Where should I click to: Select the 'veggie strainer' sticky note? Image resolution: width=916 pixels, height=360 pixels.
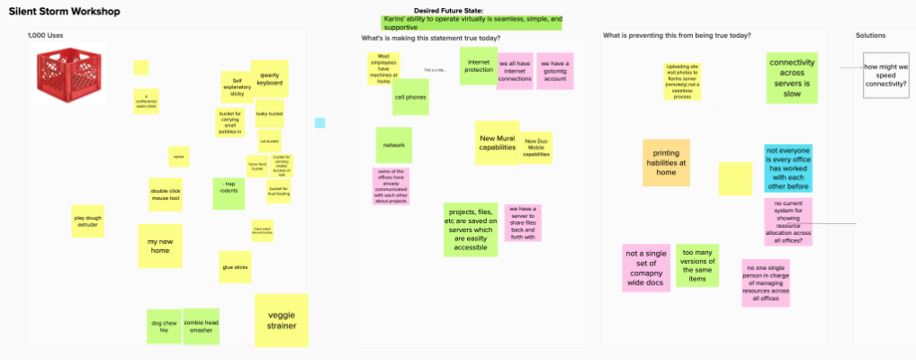click(x=281, y=319)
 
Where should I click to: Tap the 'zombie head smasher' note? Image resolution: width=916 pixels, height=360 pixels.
click(x=201, y=326)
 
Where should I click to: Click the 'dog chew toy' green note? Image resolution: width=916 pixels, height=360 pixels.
click(x=164, y=326)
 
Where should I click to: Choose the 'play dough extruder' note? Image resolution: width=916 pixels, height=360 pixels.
click(x=87, y=220)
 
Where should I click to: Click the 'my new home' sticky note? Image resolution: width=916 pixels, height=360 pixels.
click(x=159, y=246)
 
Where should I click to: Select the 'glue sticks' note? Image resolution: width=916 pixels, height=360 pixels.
click(x=235, y=266)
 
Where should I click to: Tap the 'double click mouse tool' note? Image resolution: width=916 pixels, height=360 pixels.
click(x=165, y=194)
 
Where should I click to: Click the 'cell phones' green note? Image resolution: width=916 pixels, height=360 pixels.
click(x=410, y=97)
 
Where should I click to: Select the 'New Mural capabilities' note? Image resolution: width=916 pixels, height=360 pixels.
click(x=497, y=142)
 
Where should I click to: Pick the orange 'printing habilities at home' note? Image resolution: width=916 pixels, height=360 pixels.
click(x=666, y=163)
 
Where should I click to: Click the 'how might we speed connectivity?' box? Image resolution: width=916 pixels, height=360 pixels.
click(x=885, y=81)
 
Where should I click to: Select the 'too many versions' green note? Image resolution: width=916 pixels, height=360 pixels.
click(x=697, y=265)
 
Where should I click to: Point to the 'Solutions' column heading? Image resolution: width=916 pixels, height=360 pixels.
click(x=870, y=36)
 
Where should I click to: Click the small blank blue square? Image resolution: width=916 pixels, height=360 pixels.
click(x=319, y=122)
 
